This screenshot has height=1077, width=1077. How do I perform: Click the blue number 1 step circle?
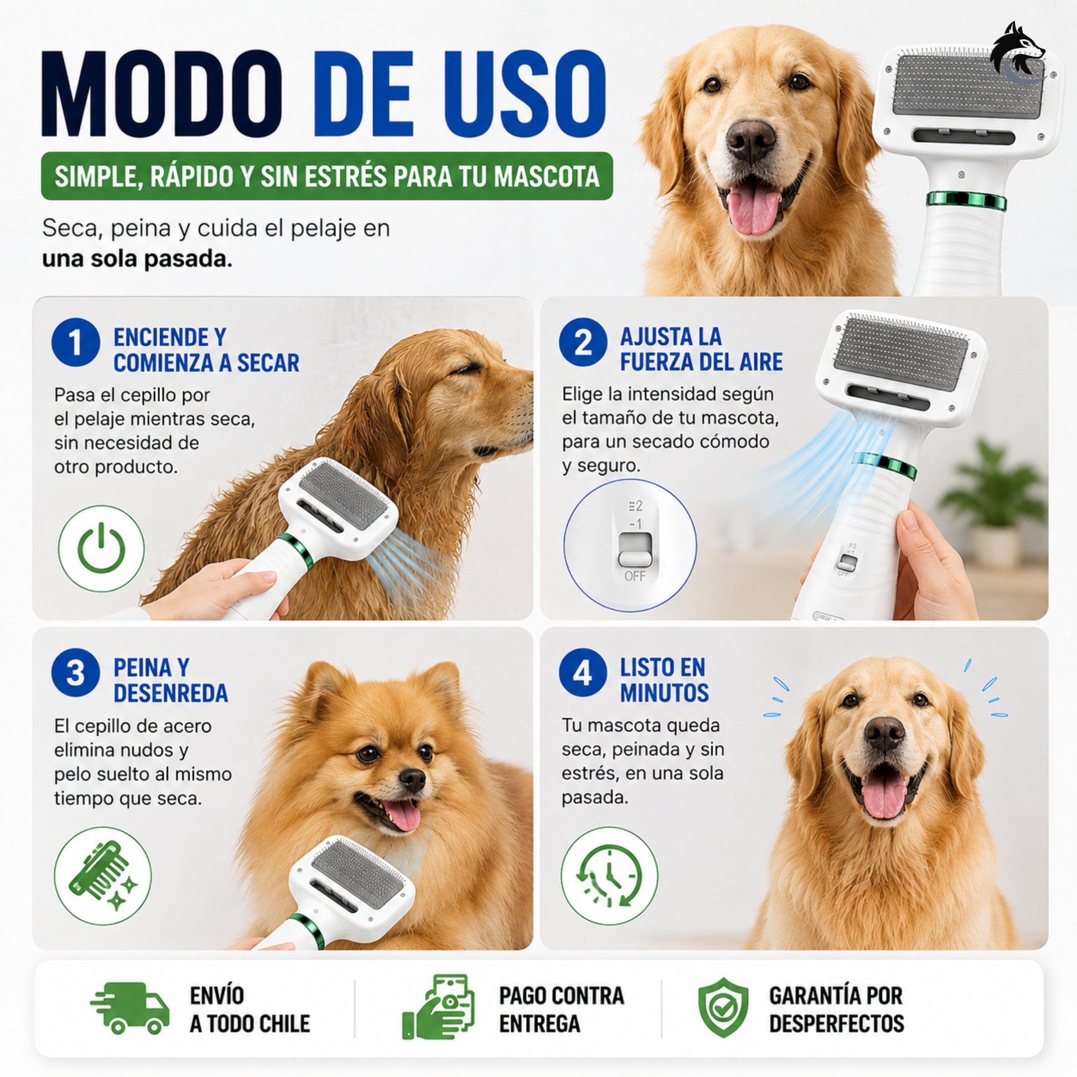point(76,342)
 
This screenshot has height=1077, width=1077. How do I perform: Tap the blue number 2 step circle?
point(583,342)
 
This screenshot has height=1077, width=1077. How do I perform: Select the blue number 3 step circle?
point(76,672)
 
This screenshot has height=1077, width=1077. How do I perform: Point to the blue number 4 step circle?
point(583,672)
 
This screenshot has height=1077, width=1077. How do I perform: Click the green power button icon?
point(101,548)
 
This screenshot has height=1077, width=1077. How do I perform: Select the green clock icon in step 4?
point(609,876)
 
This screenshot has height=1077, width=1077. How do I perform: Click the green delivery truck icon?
point(130,1008)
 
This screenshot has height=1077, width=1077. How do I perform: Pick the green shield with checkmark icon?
point(723,1007)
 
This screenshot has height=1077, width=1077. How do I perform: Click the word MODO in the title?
point(162,94)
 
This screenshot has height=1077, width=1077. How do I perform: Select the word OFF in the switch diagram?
point(635,576)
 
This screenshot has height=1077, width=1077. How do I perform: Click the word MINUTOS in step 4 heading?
point(665,693)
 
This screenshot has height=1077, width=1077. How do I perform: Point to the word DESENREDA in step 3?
point(171,693)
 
